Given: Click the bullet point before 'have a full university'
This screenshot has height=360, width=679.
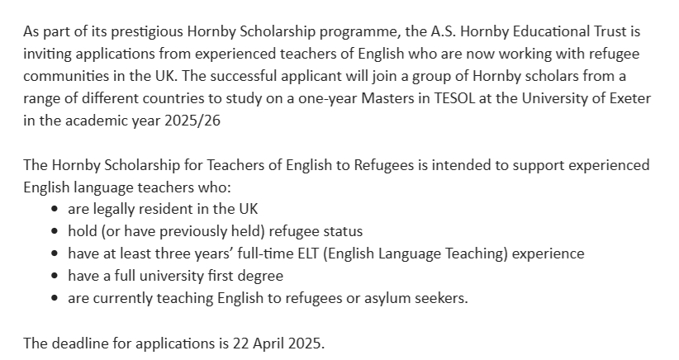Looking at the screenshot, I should pyautogui.click(x=55, y=276).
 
